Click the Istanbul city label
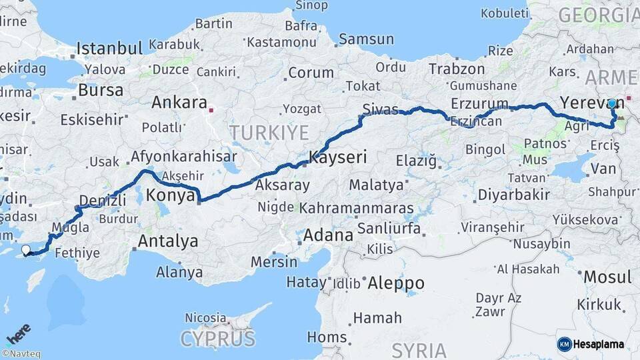[x=109, y=48]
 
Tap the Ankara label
[x=179, y=103]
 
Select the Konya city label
[x=171, y=195]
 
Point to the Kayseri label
[x=338, y=158]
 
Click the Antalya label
[x=167, y=241]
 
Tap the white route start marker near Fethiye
[x=26, y=250]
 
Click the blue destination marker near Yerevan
[x=612, y=104]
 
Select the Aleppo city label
[x=397, y=281]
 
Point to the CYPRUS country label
[x=217, y=339]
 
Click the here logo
[x=18, y=333]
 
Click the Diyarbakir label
[x=513, y=195]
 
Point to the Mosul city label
[x=607, y=276]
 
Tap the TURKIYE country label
[x=269, y=132]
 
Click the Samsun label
[x=366, y=39]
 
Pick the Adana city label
[x=328, y=235]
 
